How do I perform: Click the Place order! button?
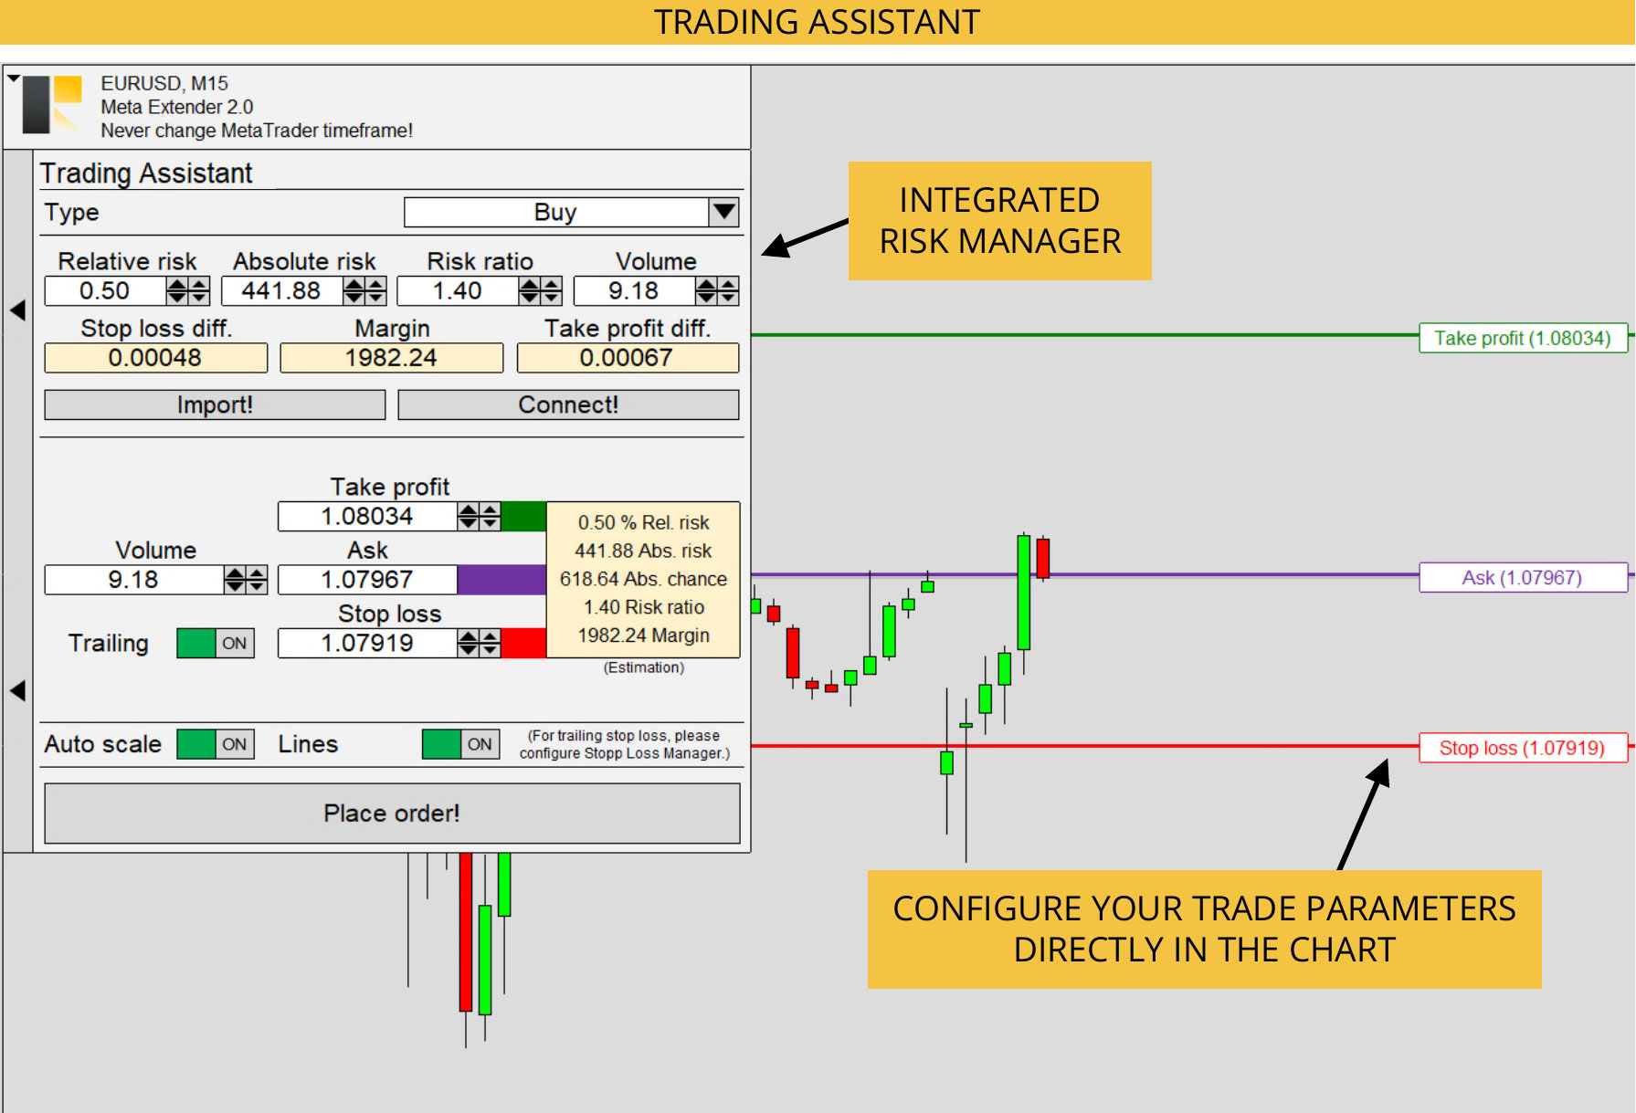tap(392, 813)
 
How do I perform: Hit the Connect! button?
tap(568, 404)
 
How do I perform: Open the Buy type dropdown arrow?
tap(724, 212)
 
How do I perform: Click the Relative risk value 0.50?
tap(105, 291)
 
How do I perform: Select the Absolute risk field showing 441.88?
tap(281, 291)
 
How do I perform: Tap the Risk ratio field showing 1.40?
tap(458, 291)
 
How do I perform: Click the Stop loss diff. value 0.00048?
tap(155, 358)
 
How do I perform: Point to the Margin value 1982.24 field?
tap(391, 358)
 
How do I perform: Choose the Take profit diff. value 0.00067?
tap(628, 358)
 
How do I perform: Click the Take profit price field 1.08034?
tap(367, 517)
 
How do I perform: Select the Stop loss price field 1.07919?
tap(367, 643)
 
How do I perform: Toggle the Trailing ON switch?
tap(216, 643)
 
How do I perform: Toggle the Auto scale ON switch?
tap(216, 744)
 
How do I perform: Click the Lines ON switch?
tap(460, 744)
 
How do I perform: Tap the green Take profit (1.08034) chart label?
tap(1523, 338)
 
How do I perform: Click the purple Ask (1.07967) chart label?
tap(1523, 577)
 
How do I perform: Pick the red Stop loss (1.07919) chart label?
tap(1523, 748)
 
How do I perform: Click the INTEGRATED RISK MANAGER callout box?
tap(1000, 221)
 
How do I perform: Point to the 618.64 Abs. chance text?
tap(643, 579)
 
